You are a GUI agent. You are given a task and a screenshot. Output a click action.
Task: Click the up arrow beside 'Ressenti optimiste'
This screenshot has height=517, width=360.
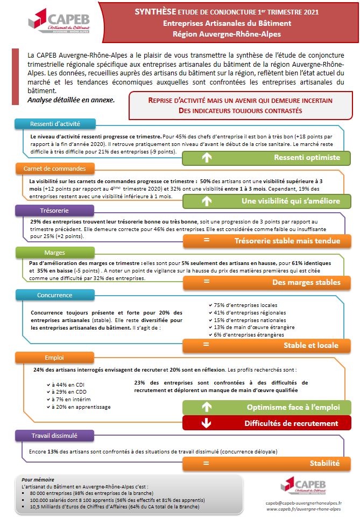pos(206,157)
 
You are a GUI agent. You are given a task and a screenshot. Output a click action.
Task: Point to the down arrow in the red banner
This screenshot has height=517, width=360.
pos(206,423)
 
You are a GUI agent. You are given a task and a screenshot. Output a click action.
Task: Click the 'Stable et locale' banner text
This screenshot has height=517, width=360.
pos(311,345)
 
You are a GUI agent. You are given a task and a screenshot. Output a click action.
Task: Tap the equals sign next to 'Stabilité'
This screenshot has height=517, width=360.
pos(206,463)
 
